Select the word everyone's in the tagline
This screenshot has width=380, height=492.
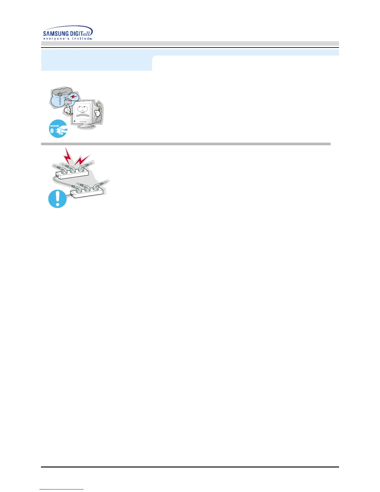(55, 39)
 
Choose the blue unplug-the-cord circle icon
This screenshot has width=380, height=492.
(58, 129)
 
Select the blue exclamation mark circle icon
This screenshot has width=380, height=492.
(57, 199)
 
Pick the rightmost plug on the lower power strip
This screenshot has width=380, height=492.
(97, 186)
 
